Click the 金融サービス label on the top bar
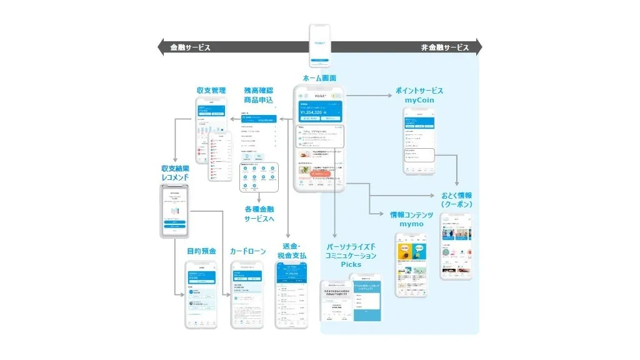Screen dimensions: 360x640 190,47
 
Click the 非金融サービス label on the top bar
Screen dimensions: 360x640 445,47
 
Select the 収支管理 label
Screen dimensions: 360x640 211,91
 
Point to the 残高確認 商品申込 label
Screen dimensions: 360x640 260,95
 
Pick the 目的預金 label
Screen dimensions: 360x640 201,251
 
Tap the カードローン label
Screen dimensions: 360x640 246,251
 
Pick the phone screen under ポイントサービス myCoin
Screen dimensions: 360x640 419,141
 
